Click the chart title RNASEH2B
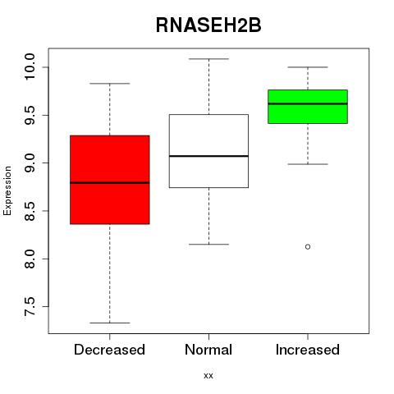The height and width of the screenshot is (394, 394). tap(208, 25)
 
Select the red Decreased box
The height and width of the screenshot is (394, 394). tap(110, 180)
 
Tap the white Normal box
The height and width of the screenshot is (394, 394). tap(208, 151)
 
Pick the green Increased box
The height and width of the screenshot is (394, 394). tap(308, 107)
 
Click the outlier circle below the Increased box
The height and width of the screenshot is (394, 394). tap(308, 247)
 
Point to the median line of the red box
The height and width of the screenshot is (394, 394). tap(110, 183)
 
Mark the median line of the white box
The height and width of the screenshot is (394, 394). tap(208, 156)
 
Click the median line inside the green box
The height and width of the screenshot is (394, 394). tap(308, 103)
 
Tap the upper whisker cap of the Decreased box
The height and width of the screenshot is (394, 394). tap(110, 84)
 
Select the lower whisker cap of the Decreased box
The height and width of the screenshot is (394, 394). tap(110, 323)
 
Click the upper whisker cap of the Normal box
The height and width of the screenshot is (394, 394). tap(208, 59)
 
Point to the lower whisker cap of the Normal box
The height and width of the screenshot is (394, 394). tap(208, 244)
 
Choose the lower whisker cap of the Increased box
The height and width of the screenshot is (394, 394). tap(308, 164)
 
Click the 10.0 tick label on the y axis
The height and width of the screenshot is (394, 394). tap(30, 67)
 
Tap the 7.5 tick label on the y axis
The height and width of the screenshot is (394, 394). tap(30, 306)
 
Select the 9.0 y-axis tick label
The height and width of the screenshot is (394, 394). tap(30, 163)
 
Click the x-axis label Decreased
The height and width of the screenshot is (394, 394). tap(109, 350)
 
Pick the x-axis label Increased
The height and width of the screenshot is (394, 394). tap(308, 350)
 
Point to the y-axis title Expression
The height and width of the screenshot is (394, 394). tap(7, 190)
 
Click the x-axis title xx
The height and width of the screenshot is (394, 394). tap(208, 376)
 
